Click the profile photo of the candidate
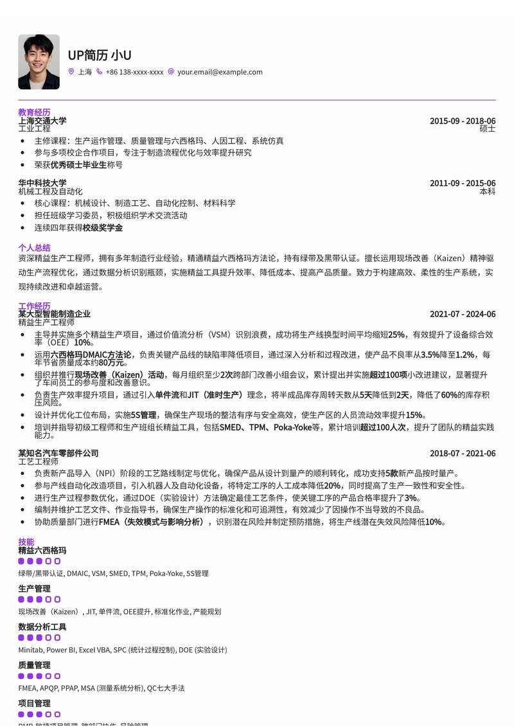[x=39, y=62]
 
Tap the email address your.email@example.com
[x=220, y=72]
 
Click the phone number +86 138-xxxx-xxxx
[x=134, y=72]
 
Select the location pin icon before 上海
[x=71, y=72]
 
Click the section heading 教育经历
[x=34, y=112]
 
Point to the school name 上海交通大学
[x=42, y=120]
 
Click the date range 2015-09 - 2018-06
[x=463, y=121]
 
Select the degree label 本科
[x=488, y=192]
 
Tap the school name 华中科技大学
[x=42, y=183]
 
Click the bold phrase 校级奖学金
[x=102, y=228]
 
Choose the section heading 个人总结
[x=34, y=247]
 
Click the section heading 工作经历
[x=34, y=306]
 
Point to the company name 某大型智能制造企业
[x=55, y=314]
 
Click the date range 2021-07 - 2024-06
[x=463, y=314]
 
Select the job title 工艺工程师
[x=38, y=461]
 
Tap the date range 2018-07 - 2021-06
[x=463, y=454]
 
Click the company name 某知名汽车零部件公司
[x=58, y=454]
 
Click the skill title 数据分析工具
[x=42, y=627]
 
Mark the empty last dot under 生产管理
[x=57, y=600]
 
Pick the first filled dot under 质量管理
[x=21, y=676]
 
